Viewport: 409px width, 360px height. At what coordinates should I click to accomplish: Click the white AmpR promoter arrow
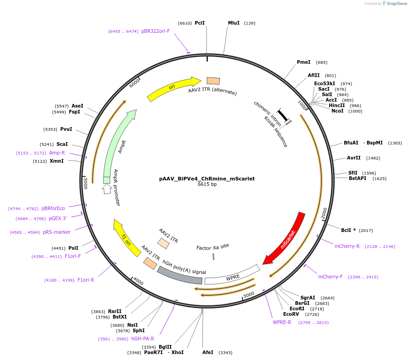pos(107,189)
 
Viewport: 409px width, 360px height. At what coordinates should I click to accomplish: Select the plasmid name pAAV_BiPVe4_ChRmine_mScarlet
pos(207,179)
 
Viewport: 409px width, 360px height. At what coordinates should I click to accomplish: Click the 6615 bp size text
pos(207,184)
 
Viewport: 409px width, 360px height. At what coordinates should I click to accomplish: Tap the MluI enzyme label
pos(234,23)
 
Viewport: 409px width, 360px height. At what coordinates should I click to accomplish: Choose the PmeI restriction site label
pos(304,62)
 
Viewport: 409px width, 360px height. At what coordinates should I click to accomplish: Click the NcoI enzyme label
pos(337,111)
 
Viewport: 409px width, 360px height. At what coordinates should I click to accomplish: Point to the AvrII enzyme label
pos(354,158)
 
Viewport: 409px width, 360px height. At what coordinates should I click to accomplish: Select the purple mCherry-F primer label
pos(331,277)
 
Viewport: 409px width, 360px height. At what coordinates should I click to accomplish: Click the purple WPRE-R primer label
pos(282,322)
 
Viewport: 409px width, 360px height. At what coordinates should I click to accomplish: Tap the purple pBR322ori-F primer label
pos(155,31)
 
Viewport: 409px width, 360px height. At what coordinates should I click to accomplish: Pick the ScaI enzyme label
pos(62,144)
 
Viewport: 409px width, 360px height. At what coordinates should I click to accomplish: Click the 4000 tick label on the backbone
pos(138,281)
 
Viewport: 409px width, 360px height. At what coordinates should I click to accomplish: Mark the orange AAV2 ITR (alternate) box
pos(213,81)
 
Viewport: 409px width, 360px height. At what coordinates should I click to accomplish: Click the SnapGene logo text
pos(397,3)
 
